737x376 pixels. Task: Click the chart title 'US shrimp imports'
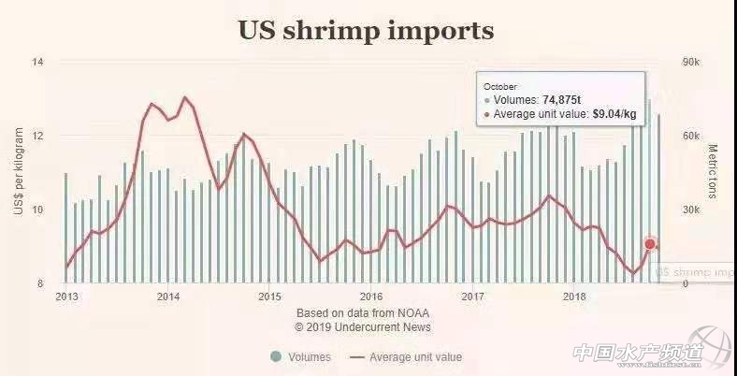point(366,30)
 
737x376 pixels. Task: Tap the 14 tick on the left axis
point(38,62)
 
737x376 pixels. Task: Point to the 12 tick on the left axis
point(38,136)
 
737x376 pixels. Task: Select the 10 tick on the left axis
point(38,210)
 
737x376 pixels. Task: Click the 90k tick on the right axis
point(690,62)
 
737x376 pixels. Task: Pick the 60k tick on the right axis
point(690,136)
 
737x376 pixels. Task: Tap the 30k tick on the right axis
point(690,210)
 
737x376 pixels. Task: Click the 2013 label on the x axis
point(66,296)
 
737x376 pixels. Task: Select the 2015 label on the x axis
point(269,296)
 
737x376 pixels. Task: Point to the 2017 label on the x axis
point(473,296)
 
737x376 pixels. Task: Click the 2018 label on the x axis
point(574,296)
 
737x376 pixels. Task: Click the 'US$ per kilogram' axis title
point(18,173)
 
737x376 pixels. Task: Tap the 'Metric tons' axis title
point(713,171)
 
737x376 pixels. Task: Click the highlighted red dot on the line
point(650,245)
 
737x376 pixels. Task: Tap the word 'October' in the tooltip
point(499,86)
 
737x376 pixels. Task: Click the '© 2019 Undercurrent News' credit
point(362,327)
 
